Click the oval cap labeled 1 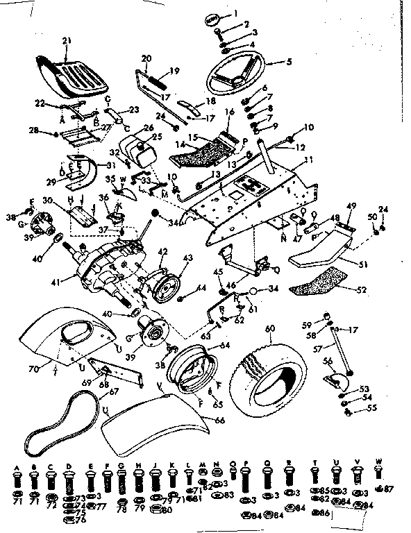pos(215,19)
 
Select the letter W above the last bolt pos(378,459)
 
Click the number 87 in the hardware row pos(389,489)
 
